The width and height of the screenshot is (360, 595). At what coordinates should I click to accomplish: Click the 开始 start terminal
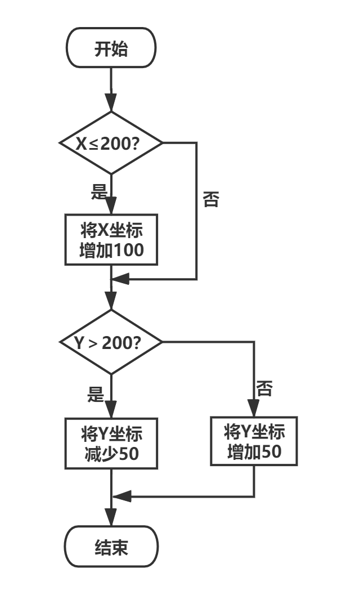pyautogui.click(x=111, y=48)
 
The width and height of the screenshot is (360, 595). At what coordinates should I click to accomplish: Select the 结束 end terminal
pyautogui.click(x=111, y=547)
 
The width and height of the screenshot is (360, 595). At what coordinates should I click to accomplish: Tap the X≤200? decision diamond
pyautogui.click(x=111, y=143)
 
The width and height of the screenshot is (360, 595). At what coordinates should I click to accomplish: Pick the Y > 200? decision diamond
pyautogui.click(x=111, y=342)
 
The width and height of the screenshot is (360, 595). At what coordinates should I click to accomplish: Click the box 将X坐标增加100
pyautogui.click(x=111, y=240)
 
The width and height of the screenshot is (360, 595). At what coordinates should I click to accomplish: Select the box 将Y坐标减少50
pyautogui.click(x=111, y=444)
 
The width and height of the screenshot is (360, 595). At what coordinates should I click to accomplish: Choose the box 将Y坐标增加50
pyautogui.click(x=254, y=441)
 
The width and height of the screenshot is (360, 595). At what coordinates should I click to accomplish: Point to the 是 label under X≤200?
pyautogui.click(x=99, y=193)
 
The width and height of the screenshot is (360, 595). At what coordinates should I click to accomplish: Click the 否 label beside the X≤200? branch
pyautogui.click(x=211, y=200)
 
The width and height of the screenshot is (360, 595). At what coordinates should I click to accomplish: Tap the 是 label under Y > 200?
pyautogui.click(x=96, y=395)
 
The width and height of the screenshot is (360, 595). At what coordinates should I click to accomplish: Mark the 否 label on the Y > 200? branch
pyautogui.click(x=264, y=388)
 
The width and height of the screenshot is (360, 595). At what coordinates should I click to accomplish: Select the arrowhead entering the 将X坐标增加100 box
pyautogui.click(x=111, y=205)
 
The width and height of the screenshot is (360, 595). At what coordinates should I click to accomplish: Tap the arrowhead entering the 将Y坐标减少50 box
pyautogui.click(x=111, y=409)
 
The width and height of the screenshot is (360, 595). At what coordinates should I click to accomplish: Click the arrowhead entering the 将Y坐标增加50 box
pyautogui.click(x=254, y=408)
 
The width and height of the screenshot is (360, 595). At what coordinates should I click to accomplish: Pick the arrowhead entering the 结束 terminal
pyautogui.click(x=111, y=518)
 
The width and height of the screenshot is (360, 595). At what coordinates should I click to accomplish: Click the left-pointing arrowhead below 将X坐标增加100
pyautogui.click(x=120, y=279)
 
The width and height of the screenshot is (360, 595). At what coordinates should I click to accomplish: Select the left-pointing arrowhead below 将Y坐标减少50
pyautogui.click(x=121, y=496)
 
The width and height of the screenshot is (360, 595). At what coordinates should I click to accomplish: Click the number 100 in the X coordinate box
pyautogui.click(x=129, y=250)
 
